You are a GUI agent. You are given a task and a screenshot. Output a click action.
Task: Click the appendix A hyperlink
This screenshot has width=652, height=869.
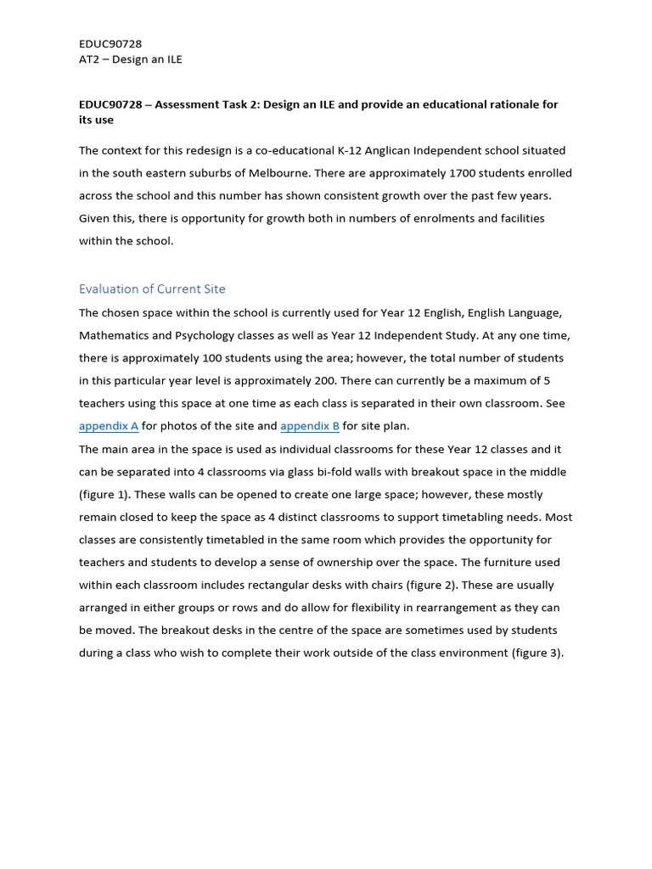(109, 426)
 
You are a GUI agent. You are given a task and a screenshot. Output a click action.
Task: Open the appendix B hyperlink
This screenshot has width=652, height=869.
(310, 426)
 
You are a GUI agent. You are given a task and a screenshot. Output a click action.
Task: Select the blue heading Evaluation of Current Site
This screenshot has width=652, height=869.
(152, 289)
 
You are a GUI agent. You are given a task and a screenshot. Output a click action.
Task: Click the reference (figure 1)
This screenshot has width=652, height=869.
(105, 494)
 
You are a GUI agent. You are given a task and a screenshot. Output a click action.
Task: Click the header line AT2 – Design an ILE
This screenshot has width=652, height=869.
(131, 59)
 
